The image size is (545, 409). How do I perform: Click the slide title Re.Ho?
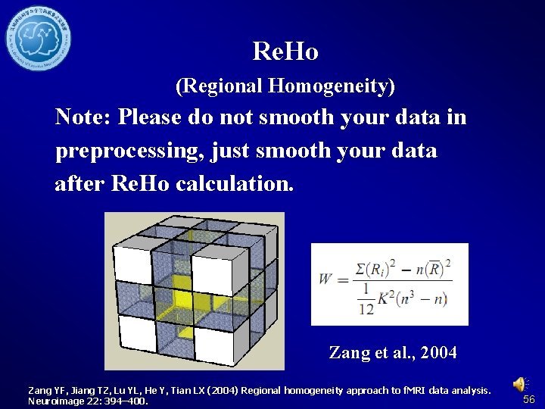285,52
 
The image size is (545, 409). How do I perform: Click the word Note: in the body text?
84,117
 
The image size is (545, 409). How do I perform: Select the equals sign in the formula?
341,279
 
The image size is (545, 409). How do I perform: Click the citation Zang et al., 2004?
392,352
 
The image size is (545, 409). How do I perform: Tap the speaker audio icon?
521,385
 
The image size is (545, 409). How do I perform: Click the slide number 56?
529,399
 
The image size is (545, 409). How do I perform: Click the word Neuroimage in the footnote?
55,401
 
